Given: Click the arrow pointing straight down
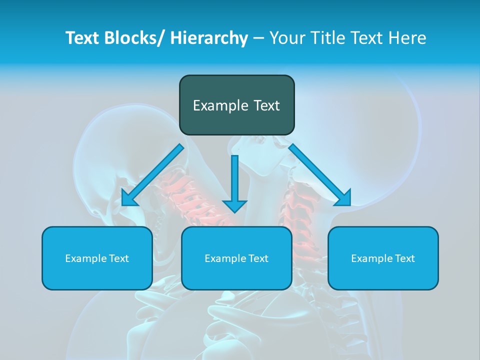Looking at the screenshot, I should click(x=234, y=182).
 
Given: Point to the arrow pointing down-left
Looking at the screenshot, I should click(x=152, y=175).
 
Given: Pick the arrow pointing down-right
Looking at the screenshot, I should click(x=320, y=175).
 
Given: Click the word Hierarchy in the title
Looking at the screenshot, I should click(x=209, y=38).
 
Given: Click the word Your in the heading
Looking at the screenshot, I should click(x=286, y=38).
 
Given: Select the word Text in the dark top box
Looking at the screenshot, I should click(x=265, y=105).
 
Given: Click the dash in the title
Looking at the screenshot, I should click(x=258, y=38).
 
